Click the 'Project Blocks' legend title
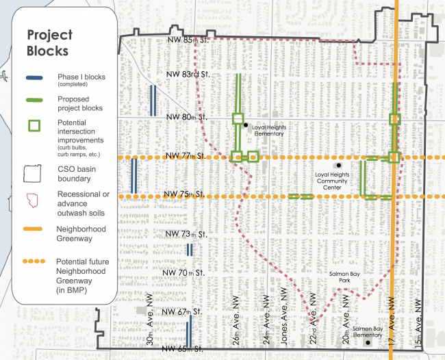(x=50, y=43)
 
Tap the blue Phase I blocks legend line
(x=34, y=78)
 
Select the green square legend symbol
(x=34, y=126)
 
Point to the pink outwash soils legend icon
(x=32, y=201)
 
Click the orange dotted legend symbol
(x=34, y=261)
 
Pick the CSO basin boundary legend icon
(x=32, y=173)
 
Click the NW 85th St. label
(x=188, y=40)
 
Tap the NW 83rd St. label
(x=188, y=75)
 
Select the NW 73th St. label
(x=186, y=234)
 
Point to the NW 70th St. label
(x=183, y=272)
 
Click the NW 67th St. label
(x=182, y=312)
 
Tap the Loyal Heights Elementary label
(x=269, y=131)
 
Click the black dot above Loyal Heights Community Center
(x=339, y=165)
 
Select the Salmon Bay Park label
(x=344, y=277)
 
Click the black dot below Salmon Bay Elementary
(x=368, y=343)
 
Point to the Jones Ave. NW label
(x=284, y=316)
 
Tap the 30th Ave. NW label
(x=150, y=320)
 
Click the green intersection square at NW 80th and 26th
(x=238, y=118)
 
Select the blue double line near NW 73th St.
(x=190, y=250)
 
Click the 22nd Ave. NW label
(x=313, y=319)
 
